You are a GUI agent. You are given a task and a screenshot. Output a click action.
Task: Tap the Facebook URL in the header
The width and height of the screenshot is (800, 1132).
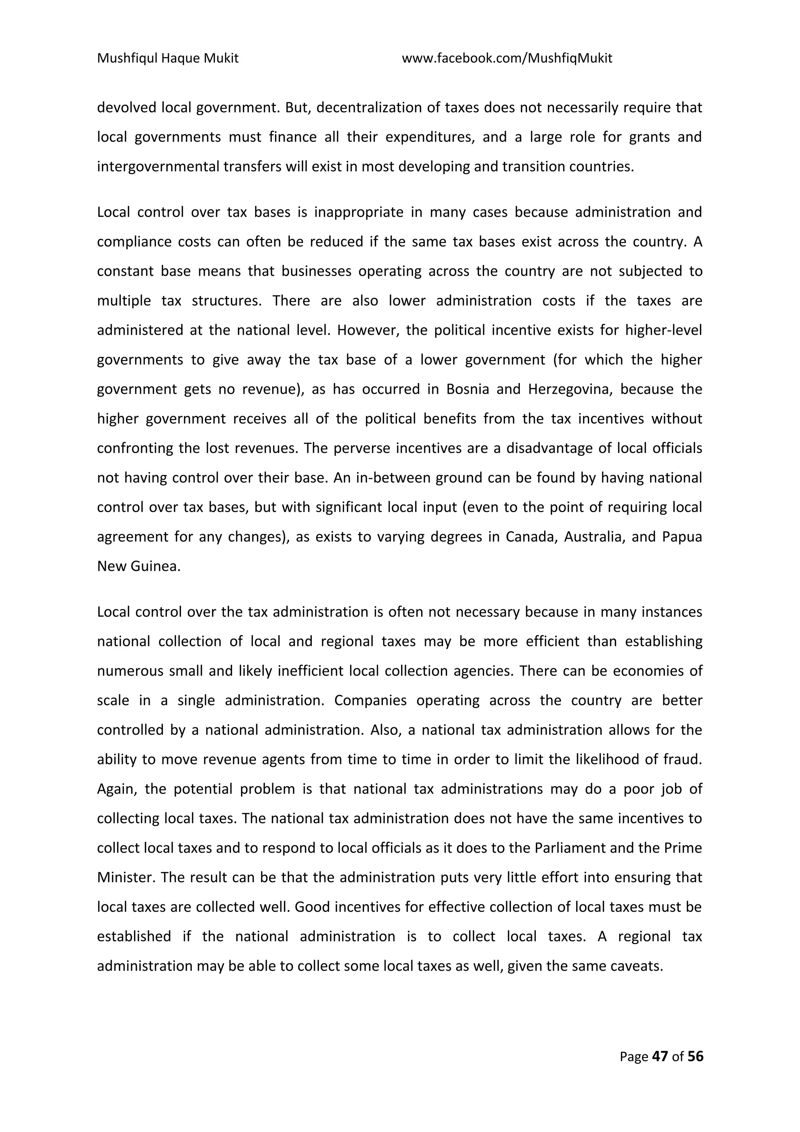coord(507,59)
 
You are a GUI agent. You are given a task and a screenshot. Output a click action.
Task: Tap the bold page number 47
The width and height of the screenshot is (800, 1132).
coord(660,1056)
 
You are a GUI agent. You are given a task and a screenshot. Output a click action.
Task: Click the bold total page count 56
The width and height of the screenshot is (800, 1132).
coord(695,1056)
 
